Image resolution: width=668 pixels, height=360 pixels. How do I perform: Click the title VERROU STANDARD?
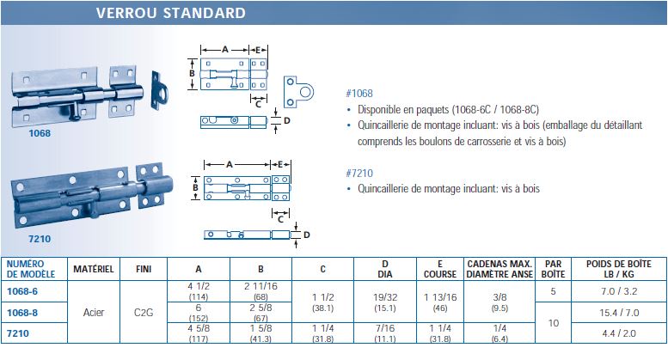tap(170, 13)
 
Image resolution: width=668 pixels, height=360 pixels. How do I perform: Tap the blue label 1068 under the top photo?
tap(40, 133)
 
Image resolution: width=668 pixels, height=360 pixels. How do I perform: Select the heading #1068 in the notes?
tap(359, 94)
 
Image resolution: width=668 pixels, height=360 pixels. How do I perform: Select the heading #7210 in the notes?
tap(359, 173)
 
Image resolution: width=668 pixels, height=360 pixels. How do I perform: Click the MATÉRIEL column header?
tap(93, 269)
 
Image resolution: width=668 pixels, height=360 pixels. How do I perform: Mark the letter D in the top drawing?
tap(286, 120)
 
